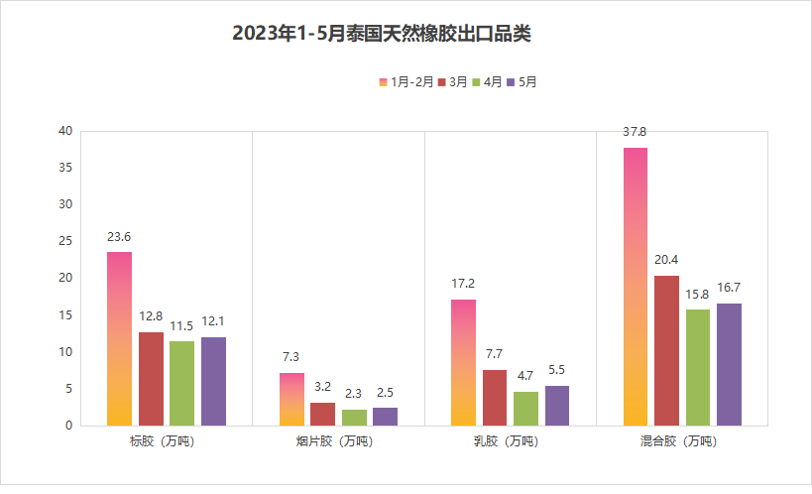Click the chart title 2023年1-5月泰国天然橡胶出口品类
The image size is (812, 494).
click(x=382, y=34)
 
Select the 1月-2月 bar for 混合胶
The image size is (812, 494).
click(x=636, y=287)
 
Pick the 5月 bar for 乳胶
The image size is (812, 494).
click(x=557, y=406)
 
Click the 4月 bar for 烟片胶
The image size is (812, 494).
click(x=354, y=418)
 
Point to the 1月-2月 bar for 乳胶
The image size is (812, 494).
click(x=463, y=362)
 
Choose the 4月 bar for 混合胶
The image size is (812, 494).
click(x=698, y=367)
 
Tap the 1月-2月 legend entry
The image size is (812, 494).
click(x=406, y=82)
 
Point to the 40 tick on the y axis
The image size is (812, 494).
click(x=64, y=131)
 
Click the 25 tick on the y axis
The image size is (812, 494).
click(x=64, y=241)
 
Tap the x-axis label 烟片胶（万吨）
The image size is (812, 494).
click(x=336, y=440)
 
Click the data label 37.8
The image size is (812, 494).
click(x=636, y=131)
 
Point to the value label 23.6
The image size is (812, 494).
click(x=120, y=236)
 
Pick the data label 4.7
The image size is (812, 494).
click(x=525, y=376)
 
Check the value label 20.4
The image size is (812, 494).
click(x=666, y=260)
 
